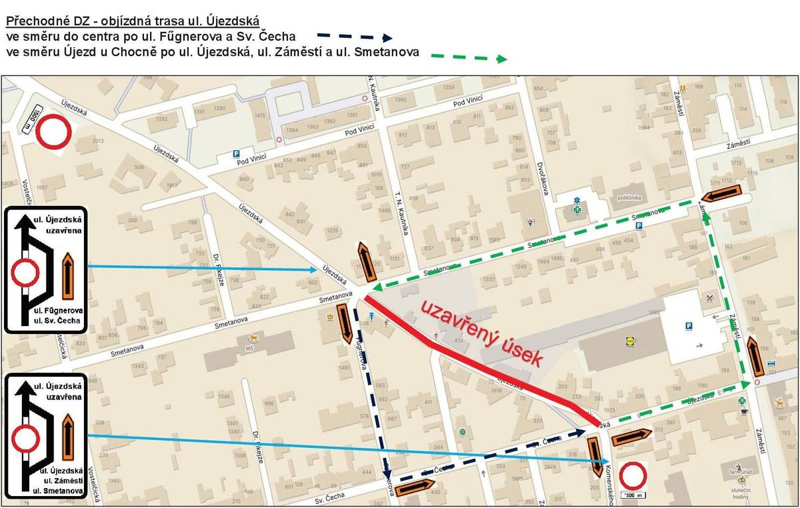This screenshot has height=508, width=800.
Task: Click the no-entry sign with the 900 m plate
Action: (x=53, y=133)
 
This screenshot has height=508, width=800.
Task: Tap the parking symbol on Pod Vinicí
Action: (x=235, y=154)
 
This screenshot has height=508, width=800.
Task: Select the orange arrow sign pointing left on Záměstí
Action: (x=722, y=194)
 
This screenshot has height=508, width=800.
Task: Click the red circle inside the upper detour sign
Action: (x=25, y=273)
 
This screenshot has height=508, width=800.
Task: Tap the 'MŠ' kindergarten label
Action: (x=251, y=348)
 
